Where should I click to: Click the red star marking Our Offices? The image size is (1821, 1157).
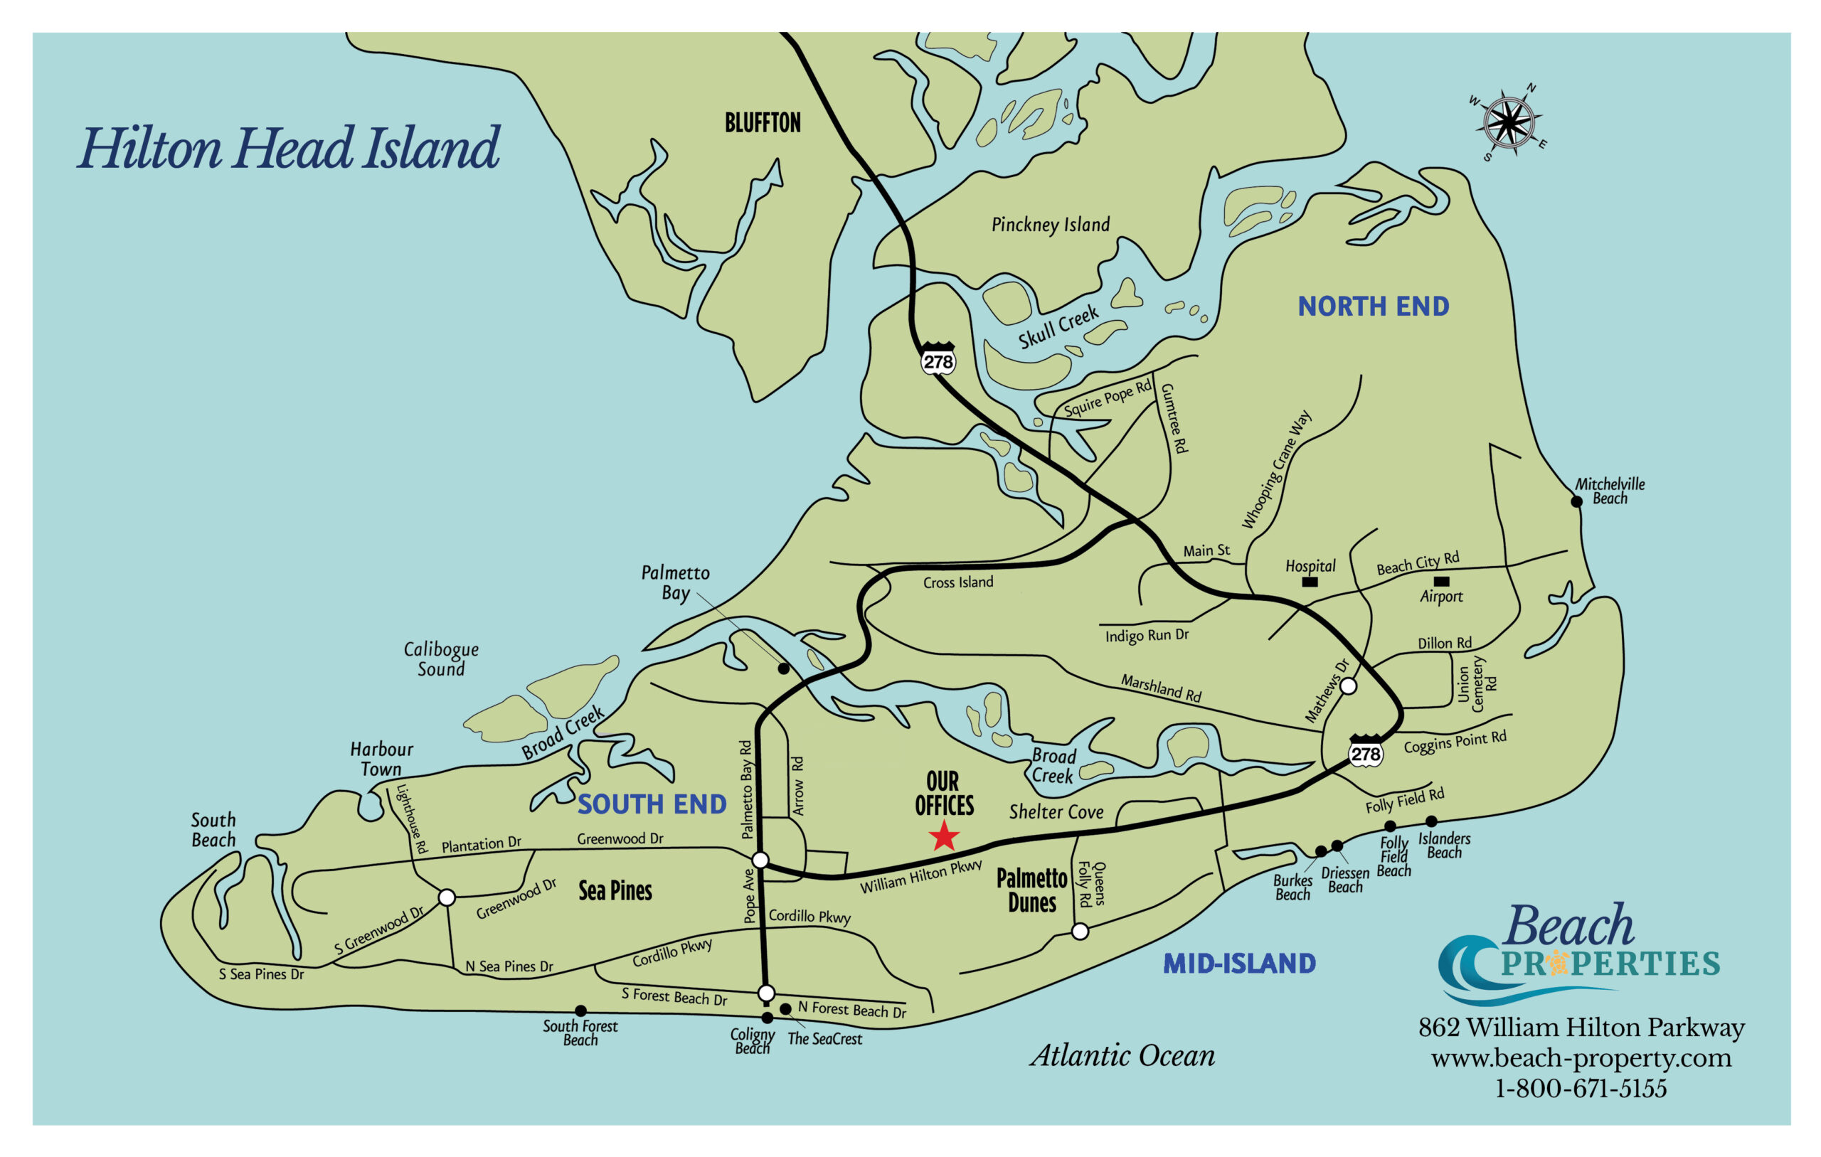coord(944,836)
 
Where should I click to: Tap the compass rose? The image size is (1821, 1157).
coord(1509,122)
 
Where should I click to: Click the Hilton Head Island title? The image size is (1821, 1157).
coord(288,148)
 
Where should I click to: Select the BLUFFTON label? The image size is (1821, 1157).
coord(763,123)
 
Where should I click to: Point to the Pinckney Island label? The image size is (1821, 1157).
coord(1051,225)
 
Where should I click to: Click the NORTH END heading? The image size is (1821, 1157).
coord(1374,306)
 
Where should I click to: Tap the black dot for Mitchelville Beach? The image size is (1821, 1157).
coord(1577,501)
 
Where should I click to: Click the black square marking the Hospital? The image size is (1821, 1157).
coord(1310,582)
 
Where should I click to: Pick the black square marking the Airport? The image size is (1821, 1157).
coord(1441,582)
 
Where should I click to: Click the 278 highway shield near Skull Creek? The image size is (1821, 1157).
coord(938,360)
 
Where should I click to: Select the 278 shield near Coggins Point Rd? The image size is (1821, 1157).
coord(1366,752)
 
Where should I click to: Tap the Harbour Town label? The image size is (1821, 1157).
coord(381,759)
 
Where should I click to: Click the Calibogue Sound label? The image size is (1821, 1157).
coord(441,659)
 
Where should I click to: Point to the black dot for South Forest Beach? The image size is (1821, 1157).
coord(580,1011)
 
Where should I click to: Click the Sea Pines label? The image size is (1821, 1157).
coord(615,891)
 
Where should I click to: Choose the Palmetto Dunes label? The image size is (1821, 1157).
coord(1031,890)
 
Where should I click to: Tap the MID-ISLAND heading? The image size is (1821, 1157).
coord(1238,964)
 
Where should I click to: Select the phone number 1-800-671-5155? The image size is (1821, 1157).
coord(1581,1089)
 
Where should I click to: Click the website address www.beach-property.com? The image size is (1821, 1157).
coord(1581,1058)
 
